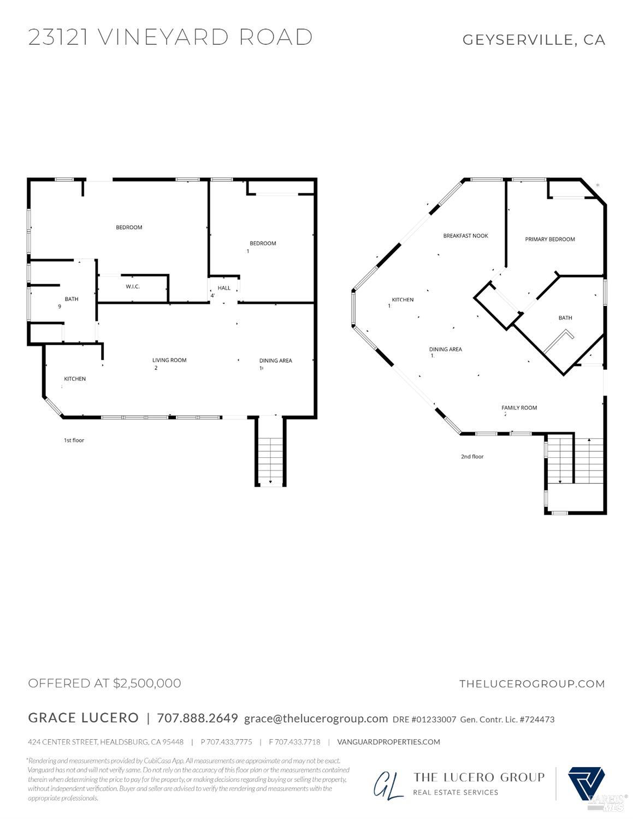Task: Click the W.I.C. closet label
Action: [x=133, y=287]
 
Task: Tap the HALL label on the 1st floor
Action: [x=224, y=288]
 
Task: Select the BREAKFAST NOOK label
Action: [x=465, y=236]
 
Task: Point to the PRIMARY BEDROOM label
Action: [x=549, y=239]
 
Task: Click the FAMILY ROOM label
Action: [x=519, y=408]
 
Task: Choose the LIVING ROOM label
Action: [x=169, y=361]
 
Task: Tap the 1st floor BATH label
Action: [x=72, y=299]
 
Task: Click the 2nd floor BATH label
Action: [x=565, y=318]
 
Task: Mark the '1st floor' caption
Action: [x=74, y=440]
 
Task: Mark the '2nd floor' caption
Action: [x=472, y=457]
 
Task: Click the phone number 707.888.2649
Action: [x=197, y=718]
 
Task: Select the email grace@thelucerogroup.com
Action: [x=316, y=718]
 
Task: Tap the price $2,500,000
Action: [x=147, y=684]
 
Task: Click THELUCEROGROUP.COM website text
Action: [x=532, y=684]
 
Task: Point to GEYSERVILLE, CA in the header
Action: [x=534, y=40]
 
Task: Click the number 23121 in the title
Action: [x=58, y=37]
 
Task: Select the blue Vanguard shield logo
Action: [x=586, y=783]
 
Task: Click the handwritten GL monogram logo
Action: [x=389, y=785]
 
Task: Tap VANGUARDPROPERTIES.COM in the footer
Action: [x=388, y=742]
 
